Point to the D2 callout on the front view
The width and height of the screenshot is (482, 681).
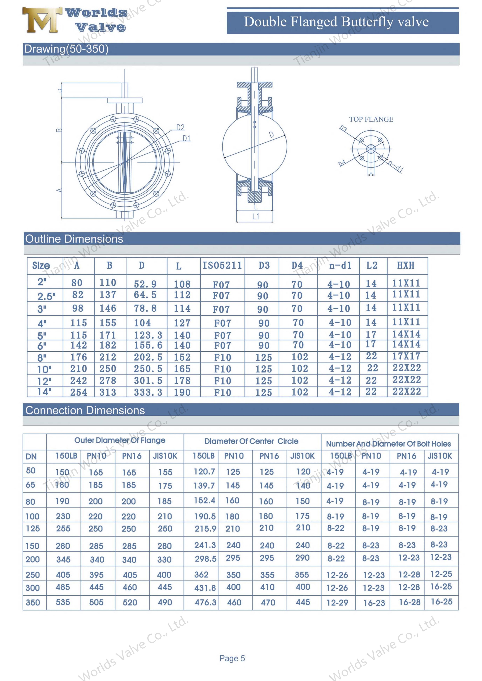tap(180, 128)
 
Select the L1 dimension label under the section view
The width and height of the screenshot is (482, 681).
tap(255, 217)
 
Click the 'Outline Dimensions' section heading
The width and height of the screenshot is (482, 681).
tap(74, 239)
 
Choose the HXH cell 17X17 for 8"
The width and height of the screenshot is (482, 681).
tap(406, 356)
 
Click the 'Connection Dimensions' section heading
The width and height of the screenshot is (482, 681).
tap(85, 410)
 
